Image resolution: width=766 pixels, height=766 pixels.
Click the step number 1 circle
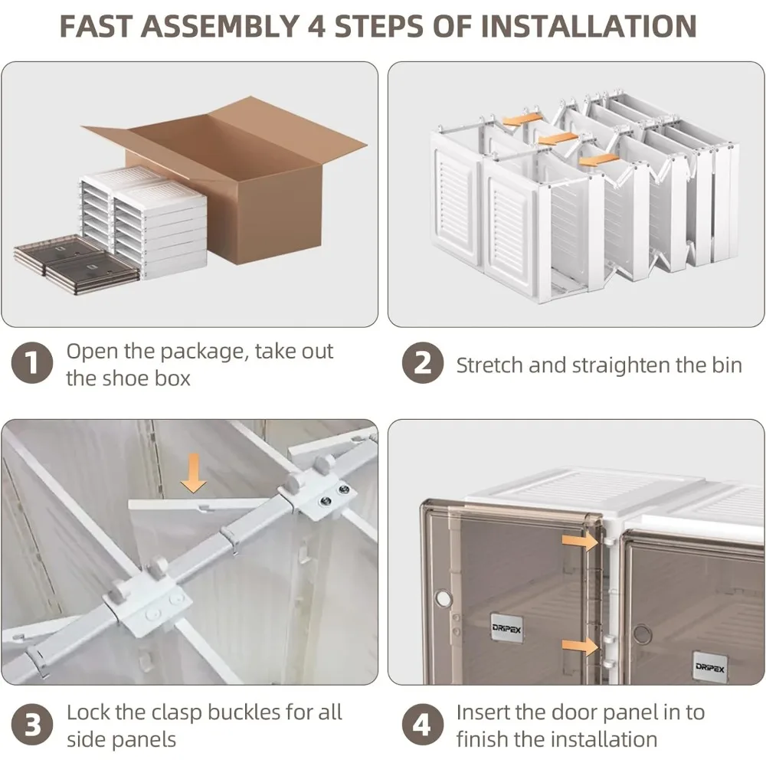31,362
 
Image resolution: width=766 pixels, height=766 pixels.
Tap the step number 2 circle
423,362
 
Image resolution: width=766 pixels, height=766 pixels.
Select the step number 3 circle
31,725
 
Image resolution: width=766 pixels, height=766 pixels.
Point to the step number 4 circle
423,725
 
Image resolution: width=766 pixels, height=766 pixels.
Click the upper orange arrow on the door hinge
580,541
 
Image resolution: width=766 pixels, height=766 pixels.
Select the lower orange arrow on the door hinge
580,646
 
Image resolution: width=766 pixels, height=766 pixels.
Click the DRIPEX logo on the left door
506,629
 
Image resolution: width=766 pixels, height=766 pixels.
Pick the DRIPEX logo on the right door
709,667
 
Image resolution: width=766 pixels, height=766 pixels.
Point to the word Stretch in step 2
489,365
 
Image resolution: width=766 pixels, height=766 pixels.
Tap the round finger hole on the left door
443,597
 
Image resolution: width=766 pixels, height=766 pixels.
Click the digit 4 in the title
316,26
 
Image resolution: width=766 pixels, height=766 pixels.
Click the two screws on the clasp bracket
335,494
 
